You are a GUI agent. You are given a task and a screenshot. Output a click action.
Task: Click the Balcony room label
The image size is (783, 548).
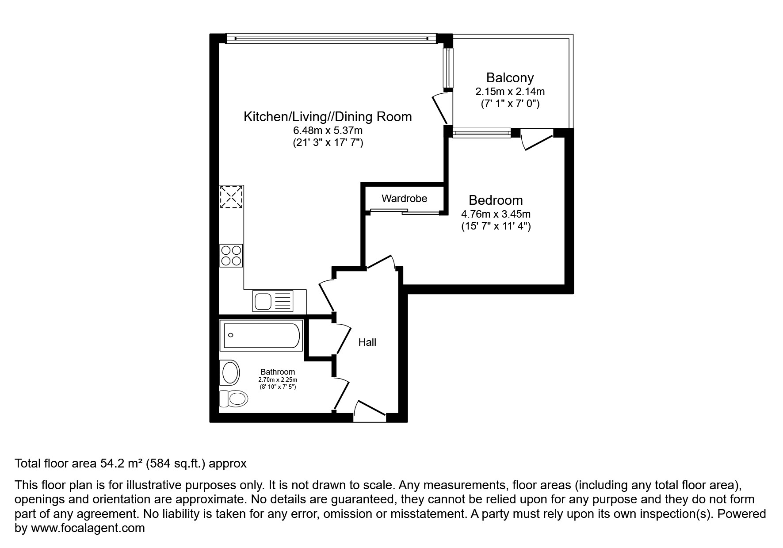tap(510, 78)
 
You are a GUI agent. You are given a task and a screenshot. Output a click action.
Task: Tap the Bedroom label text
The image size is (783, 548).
tap(496, 200)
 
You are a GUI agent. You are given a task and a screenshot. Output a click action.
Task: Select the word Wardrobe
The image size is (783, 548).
tap(404, 199)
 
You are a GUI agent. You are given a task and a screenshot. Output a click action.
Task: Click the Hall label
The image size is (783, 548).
tap(367, 342)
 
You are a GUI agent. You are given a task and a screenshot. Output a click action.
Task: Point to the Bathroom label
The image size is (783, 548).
tap(278, 372)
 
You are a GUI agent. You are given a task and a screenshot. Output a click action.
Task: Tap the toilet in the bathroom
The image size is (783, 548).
tap(233, 399)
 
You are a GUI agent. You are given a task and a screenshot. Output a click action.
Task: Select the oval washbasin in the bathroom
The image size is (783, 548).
tap(230, 372)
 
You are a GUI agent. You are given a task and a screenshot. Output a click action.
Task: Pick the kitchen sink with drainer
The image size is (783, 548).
tap(273, 301)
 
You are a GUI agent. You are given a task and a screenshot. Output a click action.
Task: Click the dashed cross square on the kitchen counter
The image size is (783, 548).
tap(232, 197)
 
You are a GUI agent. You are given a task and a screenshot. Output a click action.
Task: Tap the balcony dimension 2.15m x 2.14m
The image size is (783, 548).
tap(510, 92)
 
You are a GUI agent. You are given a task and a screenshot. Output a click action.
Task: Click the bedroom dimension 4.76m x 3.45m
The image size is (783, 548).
tap(496, 214)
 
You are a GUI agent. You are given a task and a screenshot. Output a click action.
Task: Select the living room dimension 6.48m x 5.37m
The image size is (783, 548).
tap(328, 130)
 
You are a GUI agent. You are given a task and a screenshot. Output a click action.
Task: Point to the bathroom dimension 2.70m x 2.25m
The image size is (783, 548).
tap(278, 380)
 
